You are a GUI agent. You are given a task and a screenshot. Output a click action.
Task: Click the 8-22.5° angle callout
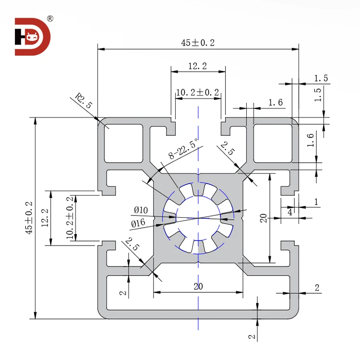(183, 149)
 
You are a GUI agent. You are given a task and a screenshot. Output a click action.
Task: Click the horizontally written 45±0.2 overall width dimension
(198, 43)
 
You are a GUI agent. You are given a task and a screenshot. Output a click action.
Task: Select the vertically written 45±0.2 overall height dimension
(29, 217)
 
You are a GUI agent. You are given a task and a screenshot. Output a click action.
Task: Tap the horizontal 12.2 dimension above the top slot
(197, 67)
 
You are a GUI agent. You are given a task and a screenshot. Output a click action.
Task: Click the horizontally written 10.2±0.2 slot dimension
(197, 92)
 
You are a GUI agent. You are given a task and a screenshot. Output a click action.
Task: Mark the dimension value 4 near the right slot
(289, 212)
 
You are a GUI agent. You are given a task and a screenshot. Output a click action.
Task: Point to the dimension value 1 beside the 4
(316, 202)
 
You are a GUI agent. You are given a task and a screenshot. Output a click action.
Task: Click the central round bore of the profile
(198, 217)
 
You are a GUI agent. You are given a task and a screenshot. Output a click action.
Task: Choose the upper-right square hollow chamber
(272, 143)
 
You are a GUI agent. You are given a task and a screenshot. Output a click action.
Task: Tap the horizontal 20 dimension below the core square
(198, 287)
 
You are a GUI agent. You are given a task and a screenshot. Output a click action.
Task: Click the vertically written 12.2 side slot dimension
(46, 217)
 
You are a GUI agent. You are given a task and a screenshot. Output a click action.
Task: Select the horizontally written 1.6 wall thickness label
(276, 102)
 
